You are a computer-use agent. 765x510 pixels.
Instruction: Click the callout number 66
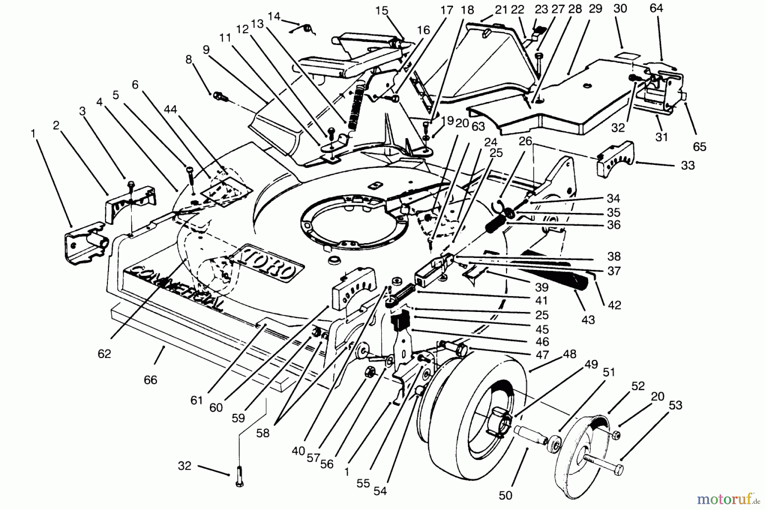pos(150,380)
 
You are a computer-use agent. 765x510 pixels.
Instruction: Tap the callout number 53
pos(675,405)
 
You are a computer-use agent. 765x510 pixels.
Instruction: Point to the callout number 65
pos(699,147)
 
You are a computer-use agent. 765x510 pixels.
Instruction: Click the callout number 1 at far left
pos(33,134)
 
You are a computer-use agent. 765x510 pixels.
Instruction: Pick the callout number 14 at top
pos(274,16)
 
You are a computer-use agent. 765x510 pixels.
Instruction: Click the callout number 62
pos(104,354)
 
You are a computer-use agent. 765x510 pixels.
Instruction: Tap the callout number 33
pos(688,165)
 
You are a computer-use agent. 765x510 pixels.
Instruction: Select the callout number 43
pos(588,320)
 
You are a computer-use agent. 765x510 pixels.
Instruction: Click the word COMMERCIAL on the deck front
pos(178,289)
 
